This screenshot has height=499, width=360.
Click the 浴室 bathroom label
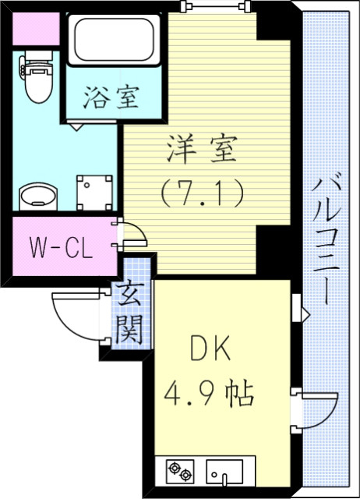point(112,97)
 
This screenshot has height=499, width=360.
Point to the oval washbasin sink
point(37,196)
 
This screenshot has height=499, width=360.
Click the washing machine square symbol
point(94,190)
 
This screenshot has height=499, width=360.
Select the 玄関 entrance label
point(129,313)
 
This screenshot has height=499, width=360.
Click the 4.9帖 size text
point(209,392)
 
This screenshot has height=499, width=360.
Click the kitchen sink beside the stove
point(224,471)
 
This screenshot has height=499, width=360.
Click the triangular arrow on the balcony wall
point(305,316)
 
